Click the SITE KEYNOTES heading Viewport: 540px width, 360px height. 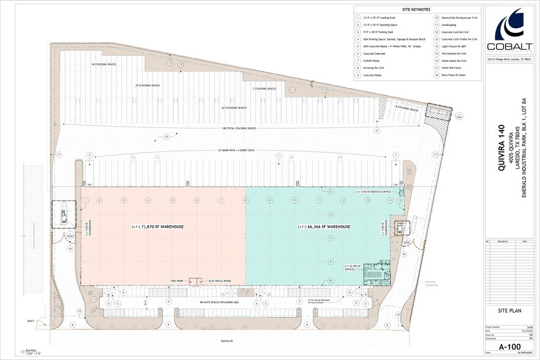click(417, 10)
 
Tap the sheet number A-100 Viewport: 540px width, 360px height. click(509, 345)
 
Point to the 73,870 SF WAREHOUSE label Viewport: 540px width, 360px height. click(157, 227)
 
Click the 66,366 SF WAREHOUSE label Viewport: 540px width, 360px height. click(324, 227)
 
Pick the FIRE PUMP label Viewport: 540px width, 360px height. click(177, 280)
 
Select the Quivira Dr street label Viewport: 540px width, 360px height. click(228, 340)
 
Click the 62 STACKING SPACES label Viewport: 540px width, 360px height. click(234, 108)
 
